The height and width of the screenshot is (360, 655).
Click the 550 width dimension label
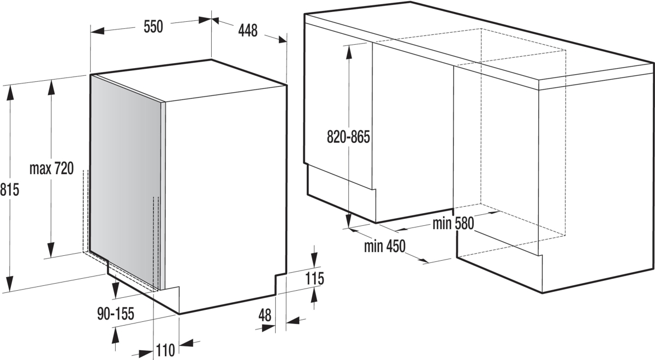153,27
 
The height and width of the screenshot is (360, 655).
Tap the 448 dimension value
248,31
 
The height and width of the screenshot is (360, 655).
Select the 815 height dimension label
9,189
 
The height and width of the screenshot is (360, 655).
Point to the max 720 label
52,169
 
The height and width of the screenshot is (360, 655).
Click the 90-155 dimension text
116,314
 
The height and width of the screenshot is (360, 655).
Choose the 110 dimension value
165,350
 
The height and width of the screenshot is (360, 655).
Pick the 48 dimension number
265,315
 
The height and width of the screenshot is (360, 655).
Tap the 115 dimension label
314,279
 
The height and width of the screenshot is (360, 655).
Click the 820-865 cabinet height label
348,137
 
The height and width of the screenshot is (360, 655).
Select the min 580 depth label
453,224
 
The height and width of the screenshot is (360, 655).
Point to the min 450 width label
384,246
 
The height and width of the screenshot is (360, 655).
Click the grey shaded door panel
126,181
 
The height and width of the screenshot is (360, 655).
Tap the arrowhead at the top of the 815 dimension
10,93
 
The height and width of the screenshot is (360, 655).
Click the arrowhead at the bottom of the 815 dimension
10,284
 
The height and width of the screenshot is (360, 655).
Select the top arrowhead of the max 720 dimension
51,87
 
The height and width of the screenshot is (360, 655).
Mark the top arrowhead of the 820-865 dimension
349,52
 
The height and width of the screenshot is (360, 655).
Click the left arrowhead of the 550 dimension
97,31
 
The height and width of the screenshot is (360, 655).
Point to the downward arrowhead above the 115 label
314,260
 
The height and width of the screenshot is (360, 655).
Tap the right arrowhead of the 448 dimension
283,40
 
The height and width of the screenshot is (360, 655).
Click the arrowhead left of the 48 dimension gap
269,328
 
